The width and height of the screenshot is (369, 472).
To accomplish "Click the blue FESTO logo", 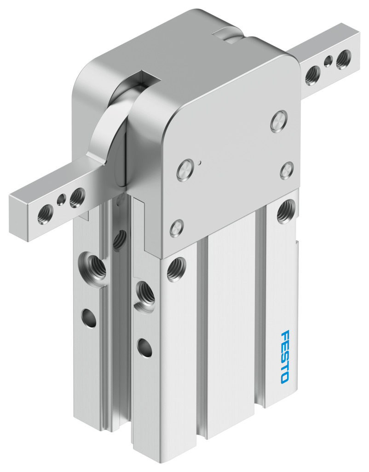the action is click(284, 357).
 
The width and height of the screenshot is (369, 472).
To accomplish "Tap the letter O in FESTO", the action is click(285, 379).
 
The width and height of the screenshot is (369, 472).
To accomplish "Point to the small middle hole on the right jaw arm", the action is click(328, 62).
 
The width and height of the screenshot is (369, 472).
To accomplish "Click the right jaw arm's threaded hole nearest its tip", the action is click(343, 59).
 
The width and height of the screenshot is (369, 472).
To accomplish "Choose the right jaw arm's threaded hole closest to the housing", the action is click(312, 76).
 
